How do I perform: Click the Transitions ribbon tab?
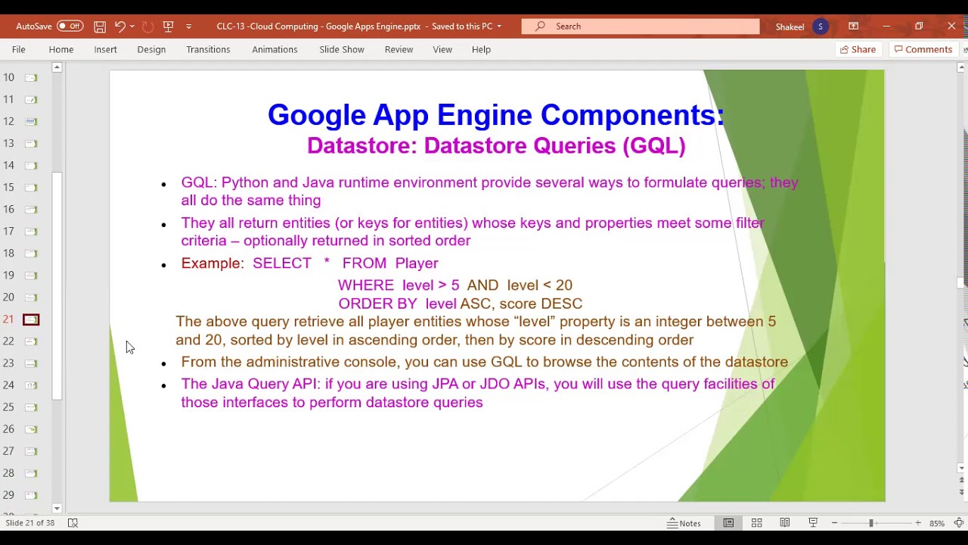(x=208, y=50)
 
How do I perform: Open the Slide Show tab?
(x=341, y=50)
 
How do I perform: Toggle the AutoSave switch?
(x=70, y=26)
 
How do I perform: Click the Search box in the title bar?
(x=640, y=26)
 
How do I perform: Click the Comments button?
(x=923, y=50)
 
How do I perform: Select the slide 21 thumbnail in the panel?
(x=31, y=319)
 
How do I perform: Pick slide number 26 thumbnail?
(x=31, y=429)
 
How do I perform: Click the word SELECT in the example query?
(x=282, y=263)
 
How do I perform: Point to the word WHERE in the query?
(x=365, y=285)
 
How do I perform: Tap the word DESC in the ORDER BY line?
(x=561, y=304)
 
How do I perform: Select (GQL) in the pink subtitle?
(x=654, y=146)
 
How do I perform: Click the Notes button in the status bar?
(x=684, y=523)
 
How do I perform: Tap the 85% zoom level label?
(x=936, y=523)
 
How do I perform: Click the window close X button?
(x=951, y=26)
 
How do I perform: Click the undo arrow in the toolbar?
(x=119, y=26)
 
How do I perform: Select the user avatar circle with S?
(x=821, y=26)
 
